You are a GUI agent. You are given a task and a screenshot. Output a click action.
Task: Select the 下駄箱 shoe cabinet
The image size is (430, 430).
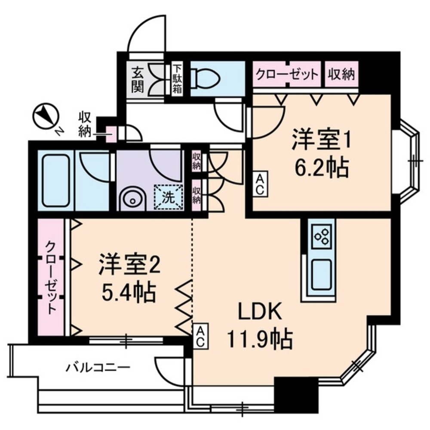click(x=177, y=79)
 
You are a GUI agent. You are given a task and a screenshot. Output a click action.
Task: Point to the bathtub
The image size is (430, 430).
click(x=56, y=180)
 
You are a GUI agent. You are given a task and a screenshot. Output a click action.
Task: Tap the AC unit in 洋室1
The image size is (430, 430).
click(x=260, y=184)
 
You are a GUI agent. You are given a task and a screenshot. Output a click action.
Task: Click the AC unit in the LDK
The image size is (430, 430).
click(x=200, y=336)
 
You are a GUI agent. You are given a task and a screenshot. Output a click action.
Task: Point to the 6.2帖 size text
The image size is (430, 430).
click(x=320, y=167)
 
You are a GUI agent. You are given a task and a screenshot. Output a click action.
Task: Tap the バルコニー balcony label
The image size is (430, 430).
click(x=98, y=368)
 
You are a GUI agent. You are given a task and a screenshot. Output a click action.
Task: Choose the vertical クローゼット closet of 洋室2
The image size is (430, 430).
click(x=51, y=277)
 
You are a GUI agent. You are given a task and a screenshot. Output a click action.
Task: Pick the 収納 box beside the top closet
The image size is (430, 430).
click(x=342, y=75)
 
